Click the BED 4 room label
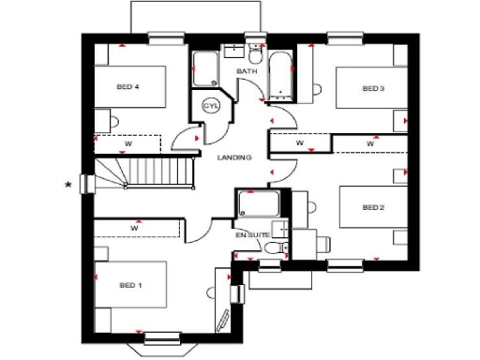[127, 86]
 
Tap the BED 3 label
[373, 88]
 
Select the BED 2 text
[373, 206]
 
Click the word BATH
[246, 71]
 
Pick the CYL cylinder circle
[211, 106]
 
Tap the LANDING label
[234, 157]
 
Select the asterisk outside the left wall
[67, 185]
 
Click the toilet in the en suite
[273, 247]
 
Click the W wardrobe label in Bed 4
[127, 143]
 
